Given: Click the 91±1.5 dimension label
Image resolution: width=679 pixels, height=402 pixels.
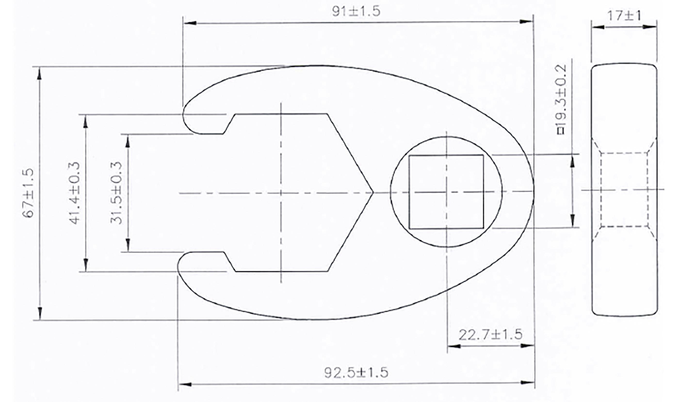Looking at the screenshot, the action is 356,12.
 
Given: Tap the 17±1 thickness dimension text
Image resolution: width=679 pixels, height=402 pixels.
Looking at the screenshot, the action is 624,16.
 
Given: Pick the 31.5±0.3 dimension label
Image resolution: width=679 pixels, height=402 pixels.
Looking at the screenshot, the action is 116,193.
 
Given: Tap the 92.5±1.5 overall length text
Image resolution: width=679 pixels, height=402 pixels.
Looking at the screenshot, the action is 356,373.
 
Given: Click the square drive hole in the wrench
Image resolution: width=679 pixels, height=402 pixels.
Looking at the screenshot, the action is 446,192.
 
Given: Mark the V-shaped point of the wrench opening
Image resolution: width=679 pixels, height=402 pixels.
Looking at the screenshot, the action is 373,193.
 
